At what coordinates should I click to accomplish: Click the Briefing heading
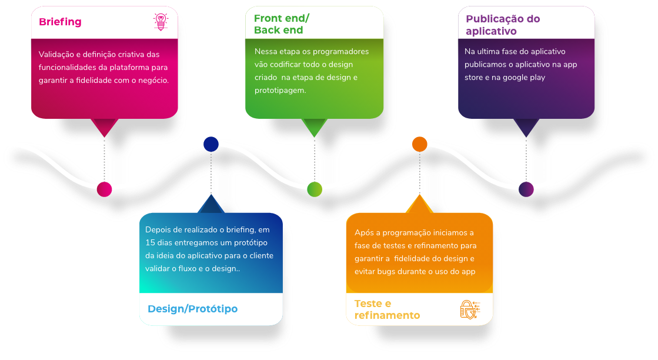(x=60, y=22)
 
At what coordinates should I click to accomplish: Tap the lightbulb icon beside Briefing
(x=161, y=22)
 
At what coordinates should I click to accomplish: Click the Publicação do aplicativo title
(x=503, y=25)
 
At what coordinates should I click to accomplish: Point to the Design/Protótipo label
(x=192, y=309)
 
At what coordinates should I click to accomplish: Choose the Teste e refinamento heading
(x=387, y=309)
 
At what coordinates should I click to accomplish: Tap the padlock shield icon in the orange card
(x=469, y=309)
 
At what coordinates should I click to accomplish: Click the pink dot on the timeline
(x=104, y=189)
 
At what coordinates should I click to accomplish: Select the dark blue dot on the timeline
(x=211, y=144)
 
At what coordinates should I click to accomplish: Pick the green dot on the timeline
(x=315, y=189)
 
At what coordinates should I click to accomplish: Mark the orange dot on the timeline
(x=419, y=144)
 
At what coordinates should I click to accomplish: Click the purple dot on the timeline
(x=526, y=189)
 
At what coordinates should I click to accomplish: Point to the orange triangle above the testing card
(x=419, y=205)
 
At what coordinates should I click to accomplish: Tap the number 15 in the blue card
(x=151, y=243)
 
